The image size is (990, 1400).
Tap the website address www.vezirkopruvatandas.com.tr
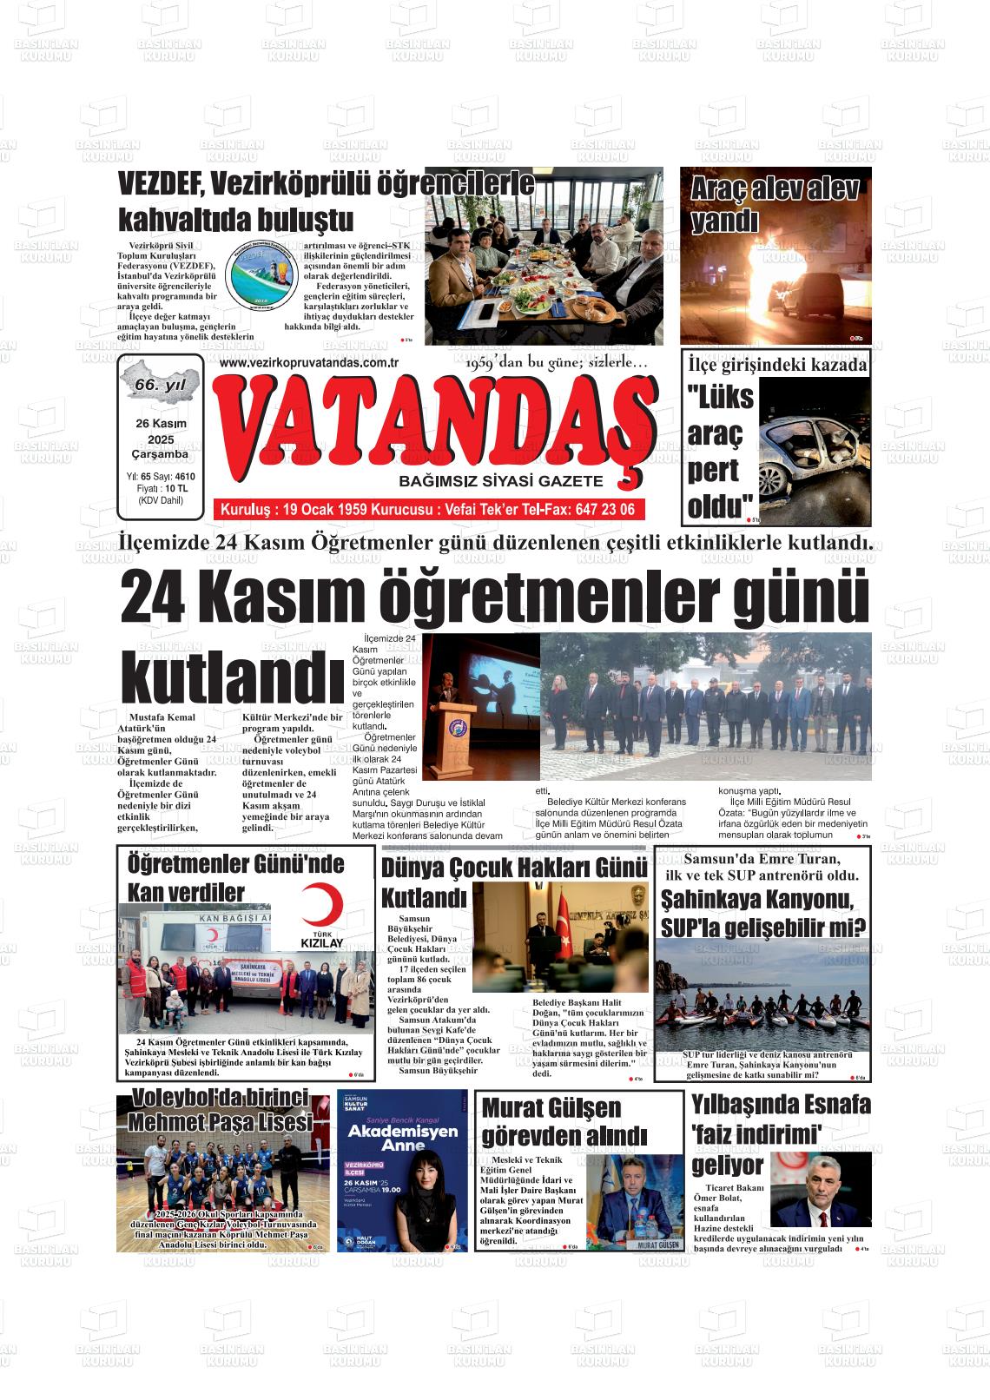pos(309,364)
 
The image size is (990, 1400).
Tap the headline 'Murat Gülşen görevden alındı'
pos(564,1121)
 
